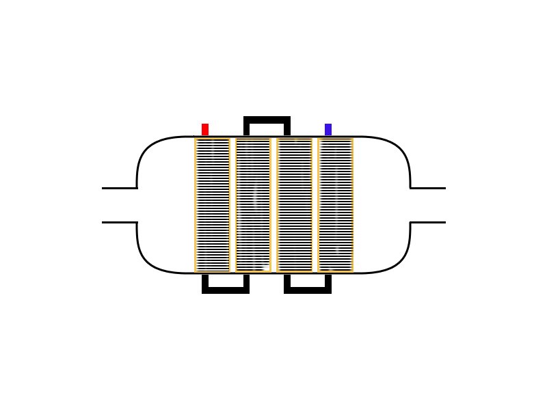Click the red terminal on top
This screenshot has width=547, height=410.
pos(205,129)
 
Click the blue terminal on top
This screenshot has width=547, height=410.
pos(328,129)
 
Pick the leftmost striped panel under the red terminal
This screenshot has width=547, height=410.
pos(212,205)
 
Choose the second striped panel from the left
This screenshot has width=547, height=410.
pos(253,205)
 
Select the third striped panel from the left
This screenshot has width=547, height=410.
pos(294,205)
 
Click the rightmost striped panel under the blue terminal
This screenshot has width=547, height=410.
pos(335,205)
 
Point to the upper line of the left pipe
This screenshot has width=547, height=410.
pos(120,188)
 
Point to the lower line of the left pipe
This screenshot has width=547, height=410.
pos(120,222)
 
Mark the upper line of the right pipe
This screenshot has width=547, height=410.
pos(428,188)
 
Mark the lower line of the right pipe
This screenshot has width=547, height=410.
pos(428,222)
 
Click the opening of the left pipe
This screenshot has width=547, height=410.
pos(104,205)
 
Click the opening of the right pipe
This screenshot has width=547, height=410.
pos(444,205)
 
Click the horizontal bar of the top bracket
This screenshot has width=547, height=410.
pos(267,120)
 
